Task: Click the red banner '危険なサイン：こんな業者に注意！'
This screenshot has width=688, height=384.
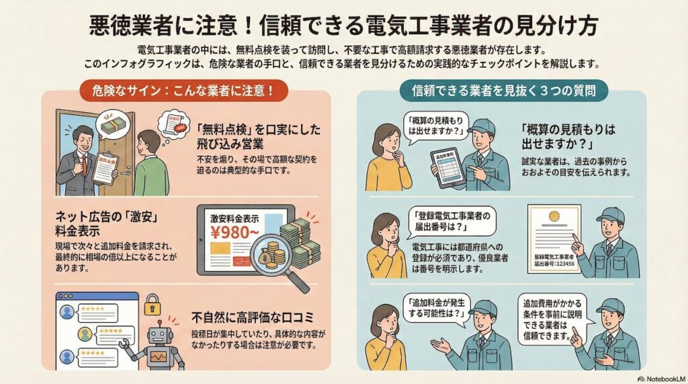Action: [180, 89]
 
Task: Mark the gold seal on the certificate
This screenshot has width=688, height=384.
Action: [554, 217]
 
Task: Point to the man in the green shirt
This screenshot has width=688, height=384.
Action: [150, 165]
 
